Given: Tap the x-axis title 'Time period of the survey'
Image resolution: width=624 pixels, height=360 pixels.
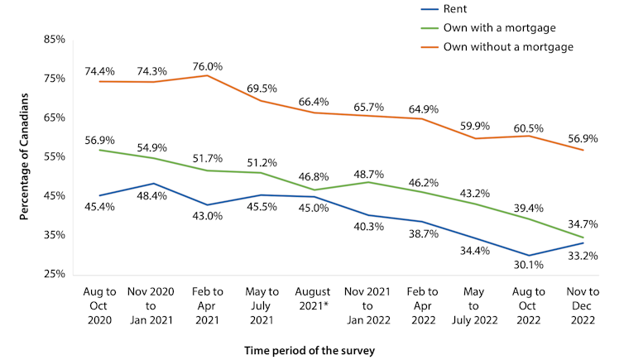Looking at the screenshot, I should click(x=310, y=350).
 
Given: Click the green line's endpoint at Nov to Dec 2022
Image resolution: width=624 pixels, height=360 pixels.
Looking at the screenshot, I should click(x=585, y=238).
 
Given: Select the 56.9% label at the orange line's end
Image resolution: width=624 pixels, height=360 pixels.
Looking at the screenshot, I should click(x=581, y=137).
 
